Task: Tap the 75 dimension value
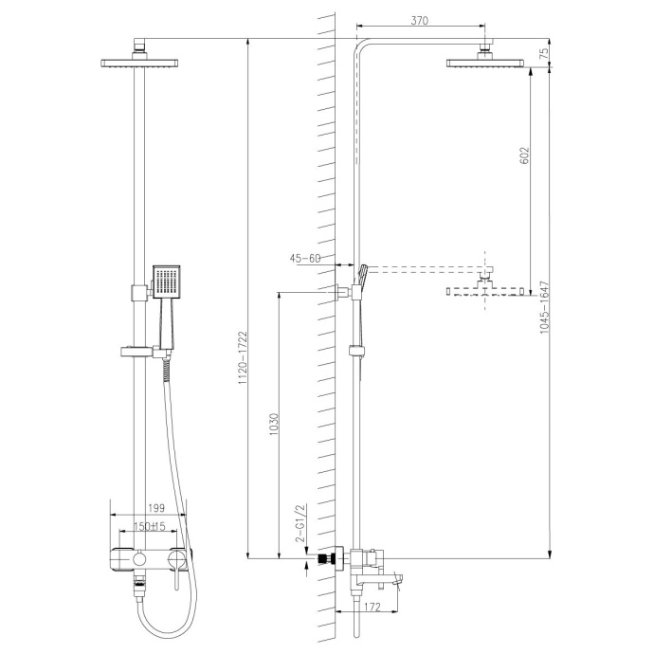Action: (x=543, y=53)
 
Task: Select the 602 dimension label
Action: (x=525, y=158)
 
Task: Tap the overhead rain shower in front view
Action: (x=139, y=64)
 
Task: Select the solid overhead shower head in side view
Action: (x=486, y=64)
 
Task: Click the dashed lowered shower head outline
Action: (x=486, y=291)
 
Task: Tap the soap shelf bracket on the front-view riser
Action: (x=141, y=353)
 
